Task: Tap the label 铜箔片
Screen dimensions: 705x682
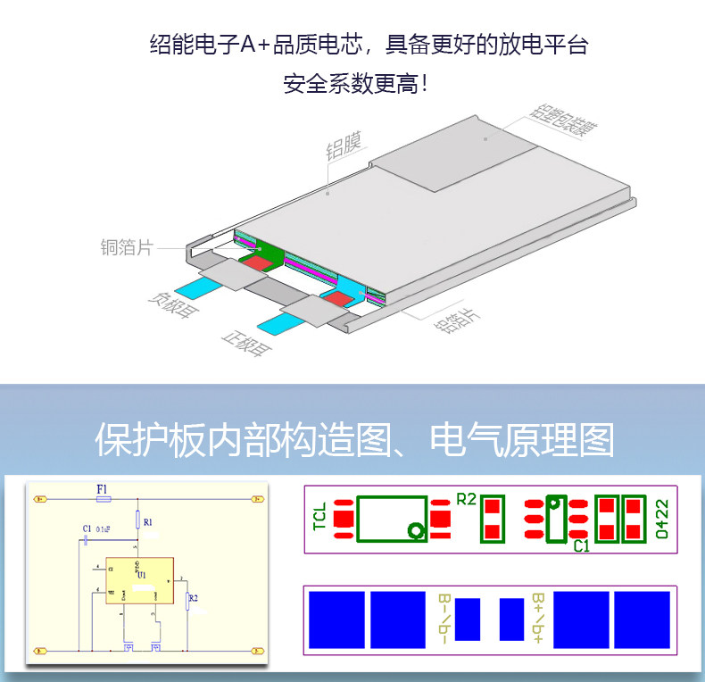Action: (x=126, y=247)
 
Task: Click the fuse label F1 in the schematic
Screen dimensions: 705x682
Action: (x=103, y=489)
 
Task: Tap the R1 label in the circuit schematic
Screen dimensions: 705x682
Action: (x=148, y=521)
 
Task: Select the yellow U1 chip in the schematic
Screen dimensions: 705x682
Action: (x=141, y=580)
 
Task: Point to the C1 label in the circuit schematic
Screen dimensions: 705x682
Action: (x=87, y=529)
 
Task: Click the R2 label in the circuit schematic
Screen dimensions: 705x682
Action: (x=194, y=599)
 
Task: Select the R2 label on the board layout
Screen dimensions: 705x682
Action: (x=466, y=499)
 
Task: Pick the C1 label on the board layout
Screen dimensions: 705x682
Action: (x=581, y=545)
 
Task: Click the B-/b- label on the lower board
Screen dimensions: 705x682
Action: (x=444, y=618)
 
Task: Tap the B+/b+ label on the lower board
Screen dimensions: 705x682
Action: (x=539, y=618)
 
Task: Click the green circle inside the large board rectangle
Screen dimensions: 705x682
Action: (x=415, y=531)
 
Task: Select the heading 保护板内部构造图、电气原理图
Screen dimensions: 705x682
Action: (x=354, y=440)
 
